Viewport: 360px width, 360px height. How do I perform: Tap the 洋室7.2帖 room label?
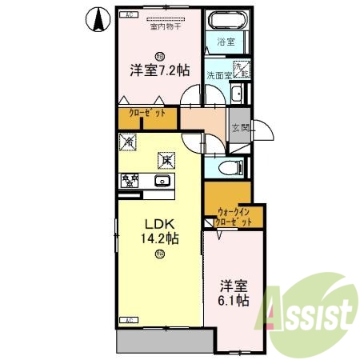click(x=160, y=70)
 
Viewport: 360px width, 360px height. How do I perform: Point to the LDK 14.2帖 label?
click(x=158, y=230)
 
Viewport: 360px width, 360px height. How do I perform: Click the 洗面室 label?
click(x=218, y=75)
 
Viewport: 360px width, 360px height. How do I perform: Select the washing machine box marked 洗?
click(x=242, y=71)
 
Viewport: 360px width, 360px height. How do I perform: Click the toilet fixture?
click(x=231, y=168)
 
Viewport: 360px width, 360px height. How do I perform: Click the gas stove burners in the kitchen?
click(x=129, y=181)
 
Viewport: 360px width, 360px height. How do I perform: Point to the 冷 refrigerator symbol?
click(x=128, y=143)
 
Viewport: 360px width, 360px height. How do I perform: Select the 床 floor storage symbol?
click(x=166, y=159)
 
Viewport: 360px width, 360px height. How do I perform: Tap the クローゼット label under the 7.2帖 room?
click(x=147, y=114)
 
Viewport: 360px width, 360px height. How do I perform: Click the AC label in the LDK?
click(x=126, y=319)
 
